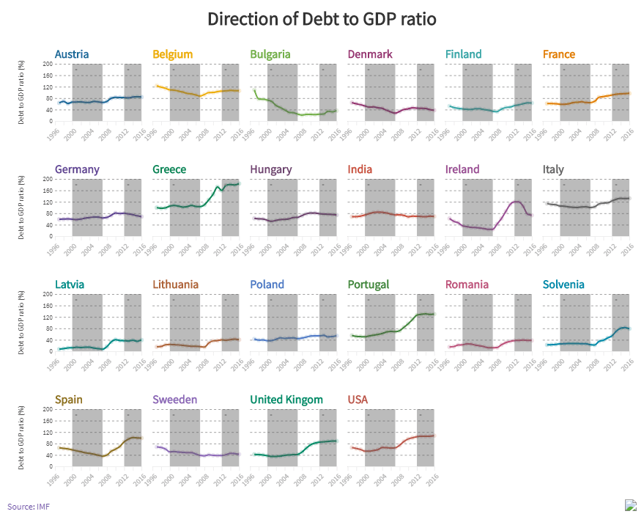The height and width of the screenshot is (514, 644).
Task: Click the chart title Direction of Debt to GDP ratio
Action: click(x=322, y=19)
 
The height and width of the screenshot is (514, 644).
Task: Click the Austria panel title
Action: click(x=72, y=54)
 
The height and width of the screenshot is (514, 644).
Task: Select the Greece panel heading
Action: click(x=169, y=169)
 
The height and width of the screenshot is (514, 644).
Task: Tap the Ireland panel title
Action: click(x=462, y=169)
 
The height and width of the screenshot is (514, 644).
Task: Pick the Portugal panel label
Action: click(x=369, y=284)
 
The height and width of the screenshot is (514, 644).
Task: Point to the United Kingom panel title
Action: click(x=286, y=400)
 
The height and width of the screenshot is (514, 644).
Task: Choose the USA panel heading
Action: click(x=358, y=400)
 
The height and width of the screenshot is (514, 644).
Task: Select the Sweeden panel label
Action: click(x=175, y=400)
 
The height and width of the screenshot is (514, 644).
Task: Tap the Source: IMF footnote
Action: click(x=29, y=506)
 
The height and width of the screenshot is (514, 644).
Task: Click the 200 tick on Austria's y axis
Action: click(x=48, y=64)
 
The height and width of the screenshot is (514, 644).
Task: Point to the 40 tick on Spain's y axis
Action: click(x=49, y=455)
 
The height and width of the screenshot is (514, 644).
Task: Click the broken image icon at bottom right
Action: click(x=631, y=504)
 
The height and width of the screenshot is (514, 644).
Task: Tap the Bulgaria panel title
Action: click(x=270, y=54)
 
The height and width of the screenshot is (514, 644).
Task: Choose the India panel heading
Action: click(x=360, y=169)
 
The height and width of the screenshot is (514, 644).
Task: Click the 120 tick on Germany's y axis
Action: click(x=48, y=202)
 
